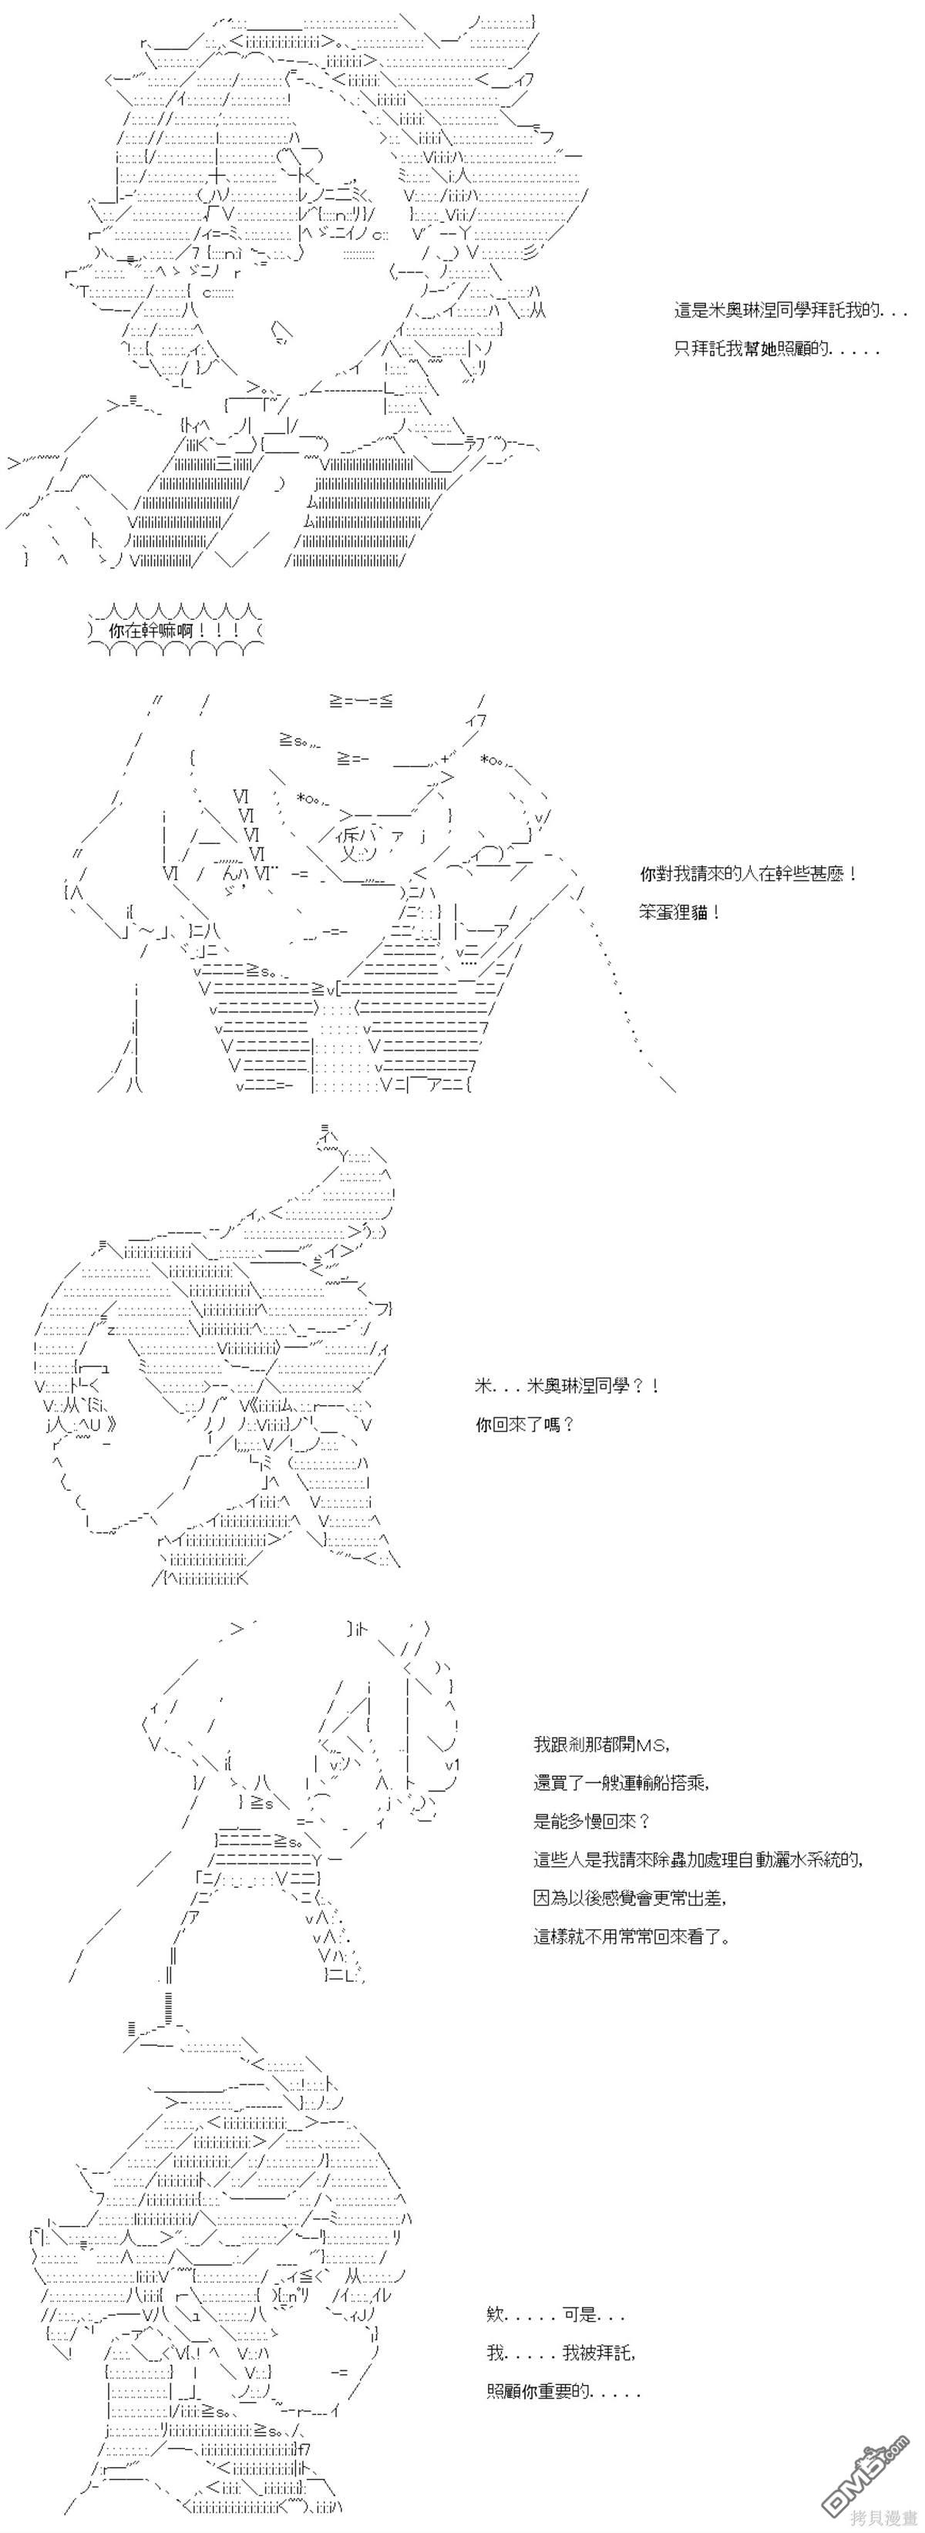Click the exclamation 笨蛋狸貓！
click(679, 912)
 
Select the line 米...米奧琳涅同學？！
click(567, 1385)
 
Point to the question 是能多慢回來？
click(592, 1821)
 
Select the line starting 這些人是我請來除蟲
click(699, 1859)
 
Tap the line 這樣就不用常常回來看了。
click(631, 1937)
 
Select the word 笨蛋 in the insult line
click(658, 912)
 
